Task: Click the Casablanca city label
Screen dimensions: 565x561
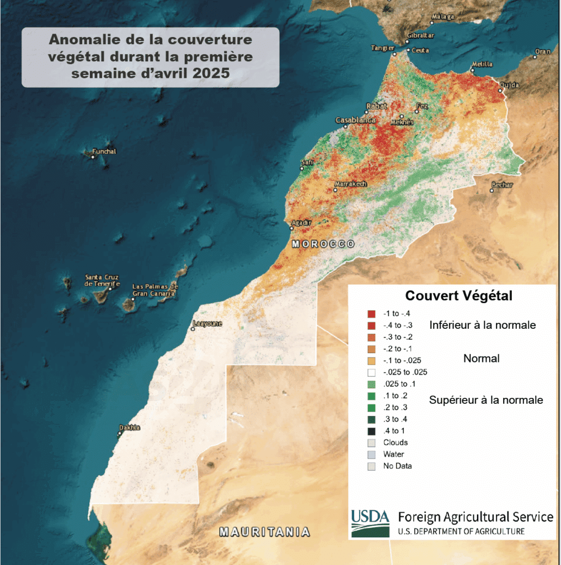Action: point(355,120)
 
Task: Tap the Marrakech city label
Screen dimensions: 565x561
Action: point(350,184)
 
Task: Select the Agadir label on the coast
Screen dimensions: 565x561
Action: point(301,222)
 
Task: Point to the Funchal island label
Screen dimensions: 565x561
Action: point(104,151)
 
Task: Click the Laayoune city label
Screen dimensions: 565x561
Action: point(207,323)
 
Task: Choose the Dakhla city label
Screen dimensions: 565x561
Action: point(130,428)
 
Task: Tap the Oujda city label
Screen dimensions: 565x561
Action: point(509,86)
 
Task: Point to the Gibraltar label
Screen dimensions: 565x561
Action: point(420,36)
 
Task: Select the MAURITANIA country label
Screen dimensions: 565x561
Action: point(264,532)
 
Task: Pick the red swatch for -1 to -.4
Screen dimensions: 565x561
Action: point(371,314)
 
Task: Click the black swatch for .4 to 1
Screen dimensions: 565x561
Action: point(371,431)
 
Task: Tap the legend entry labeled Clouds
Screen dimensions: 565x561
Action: point(396,443)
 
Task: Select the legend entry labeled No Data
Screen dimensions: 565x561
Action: point(397,466)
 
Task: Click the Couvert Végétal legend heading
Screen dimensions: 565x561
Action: point(458,296)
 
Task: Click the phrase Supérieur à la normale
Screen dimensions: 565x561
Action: point(485,400)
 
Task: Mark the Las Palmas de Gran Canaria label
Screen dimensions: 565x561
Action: point(155,290)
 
